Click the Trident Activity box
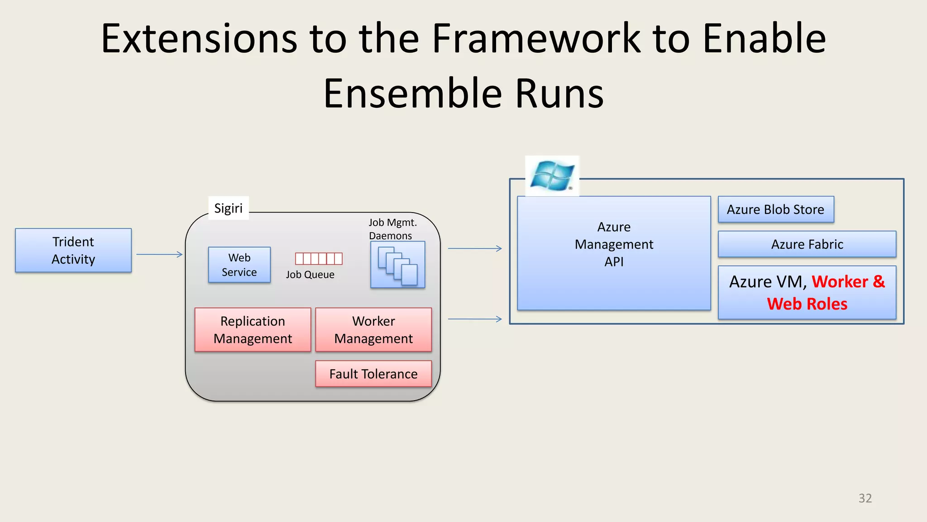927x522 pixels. tap(73, 250)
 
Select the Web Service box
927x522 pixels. tap(239, 265)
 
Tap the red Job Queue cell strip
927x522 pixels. tap(319, 258)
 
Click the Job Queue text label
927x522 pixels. tap(310, 275)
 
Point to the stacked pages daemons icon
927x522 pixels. tap(397, 265)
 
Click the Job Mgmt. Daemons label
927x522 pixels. tap(392, 229)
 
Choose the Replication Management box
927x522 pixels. tap(253, 330)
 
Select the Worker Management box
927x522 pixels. tap(373, 330)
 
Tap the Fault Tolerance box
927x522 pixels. tap(373, 374)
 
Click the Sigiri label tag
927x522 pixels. tap(228, 208)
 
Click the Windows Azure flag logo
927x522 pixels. tap(552, 175)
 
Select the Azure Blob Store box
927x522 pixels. tap(775, 209)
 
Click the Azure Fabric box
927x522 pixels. tap(807, 244)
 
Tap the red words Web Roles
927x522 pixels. tap(807, 304)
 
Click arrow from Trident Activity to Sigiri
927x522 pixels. tap(159, 255)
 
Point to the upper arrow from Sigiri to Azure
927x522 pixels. tap(475, 248)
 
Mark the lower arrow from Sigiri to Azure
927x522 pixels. tap(475, 319)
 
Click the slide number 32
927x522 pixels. tap(865, 498)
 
